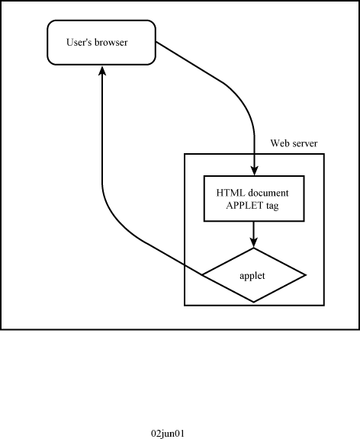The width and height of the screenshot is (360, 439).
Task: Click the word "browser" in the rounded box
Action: (111, 42)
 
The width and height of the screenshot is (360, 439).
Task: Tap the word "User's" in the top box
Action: (79, 42)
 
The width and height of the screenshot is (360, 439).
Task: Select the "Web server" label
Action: (294, 143)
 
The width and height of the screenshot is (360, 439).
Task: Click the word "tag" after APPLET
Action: (272, 206)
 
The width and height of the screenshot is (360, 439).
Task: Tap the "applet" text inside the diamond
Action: (252, 276)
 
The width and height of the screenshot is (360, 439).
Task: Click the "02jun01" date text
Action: (168, 434)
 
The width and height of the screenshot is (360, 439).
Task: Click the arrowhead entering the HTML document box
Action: (255, 171)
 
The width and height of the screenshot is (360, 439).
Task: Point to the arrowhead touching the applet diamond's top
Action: (254, 242)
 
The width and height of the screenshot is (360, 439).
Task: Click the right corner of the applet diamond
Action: (306, 275)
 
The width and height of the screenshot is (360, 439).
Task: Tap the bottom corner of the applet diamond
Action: (254, 302)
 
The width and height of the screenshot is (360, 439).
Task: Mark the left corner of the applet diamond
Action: (202, 275)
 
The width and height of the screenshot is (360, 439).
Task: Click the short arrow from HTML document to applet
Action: (254, 235)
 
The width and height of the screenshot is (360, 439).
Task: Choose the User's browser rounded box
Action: (101, 43)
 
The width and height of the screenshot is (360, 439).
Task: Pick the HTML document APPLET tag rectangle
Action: (254, 198)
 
